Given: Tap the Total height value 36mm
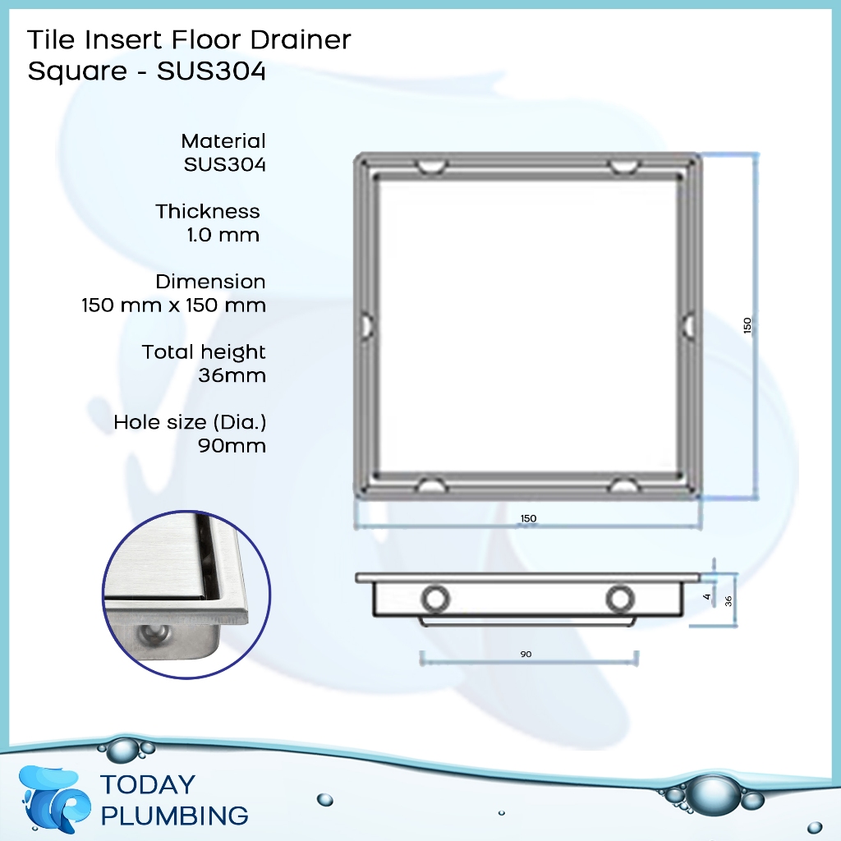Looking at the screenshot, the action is tap(232, 376).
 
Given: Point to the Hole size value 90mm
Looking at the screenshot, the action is tap(232, 447).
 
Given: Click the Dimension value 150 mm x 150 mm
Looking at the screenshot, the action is tap(173, 306).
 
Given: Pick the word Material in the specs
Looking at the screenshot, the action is tap(223, 141).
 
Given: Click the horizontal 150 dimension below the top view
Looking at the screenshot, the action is tap(528, 518).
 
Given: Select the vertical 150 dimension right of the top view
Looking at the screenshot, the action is tap(747, 325).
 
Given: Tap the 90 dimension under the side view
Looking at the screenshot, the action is tap(526, 654).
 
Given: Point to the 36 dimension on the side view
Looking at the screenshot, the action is tap(728, 600).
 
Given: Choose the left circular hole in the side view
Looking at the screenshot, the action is tap(435, 599).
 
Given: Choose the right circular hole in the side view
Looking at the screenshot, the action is tap(620, 599).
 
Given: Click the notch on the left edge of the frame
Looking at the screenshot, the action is tap(366, 325).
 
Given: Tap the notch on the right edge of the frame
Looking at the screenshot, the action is tap(688, 325).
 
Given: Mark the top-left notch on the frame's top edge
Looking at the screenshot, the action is tap(430, 167).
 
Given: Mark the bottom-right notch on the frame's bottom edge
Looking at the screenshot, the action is tap(624, 485).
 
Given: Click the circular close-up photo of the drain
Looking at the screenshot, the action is tap(186, 594).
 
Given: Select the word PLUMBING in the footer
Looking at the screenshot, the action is tap(173, 816).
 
